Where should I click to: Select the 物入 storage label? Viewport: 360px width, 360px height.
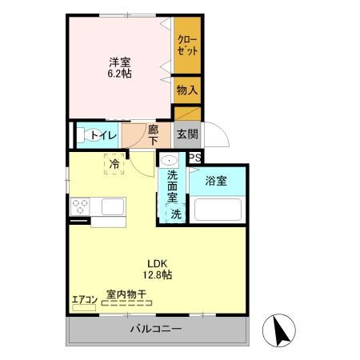[187, 90]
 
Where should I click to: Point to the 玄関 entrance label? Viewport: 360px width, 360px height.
[187, 134]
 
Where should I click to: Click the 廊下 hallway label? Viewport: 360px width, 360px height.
[153, 134]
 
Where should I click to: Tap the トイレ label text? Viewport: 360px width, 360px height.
[103, 134]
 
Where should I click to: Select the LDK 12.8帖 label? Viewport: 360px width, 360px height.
[158, 270]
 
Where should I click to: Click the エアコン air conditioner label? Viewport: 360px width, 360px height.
[84, 301]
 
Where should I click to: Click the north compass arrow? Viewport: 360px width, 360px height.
[279, 328]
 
